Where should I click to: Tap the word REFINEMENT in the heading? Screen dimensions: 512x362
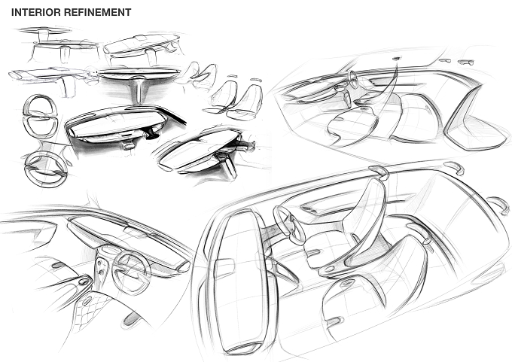97,12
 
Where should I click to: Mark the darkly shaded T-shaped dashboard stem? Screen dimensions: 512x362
136,88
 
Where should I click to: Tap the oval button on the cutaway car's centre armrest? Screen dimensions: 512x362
329,269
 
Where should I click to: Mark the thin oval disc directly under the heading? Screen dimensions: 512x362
44,30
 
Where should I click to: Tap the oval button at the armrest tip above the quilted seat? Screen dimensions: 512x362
84,281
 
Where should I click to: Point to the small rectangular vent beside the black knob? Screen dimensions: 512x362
129,145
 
